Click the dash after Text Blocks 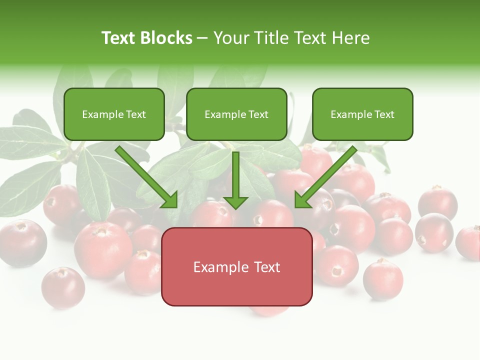pyautogui.click(x=202, y=38)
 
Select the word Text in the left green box pyautogui.click(x=136, y=114)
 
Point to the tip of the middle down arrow pyautogui.click(x=235, y=207)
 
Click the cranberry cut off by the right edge pyautogui.click(x=469, y=242)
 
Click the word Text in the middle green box pyautogui.click(x=258, y=114)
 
